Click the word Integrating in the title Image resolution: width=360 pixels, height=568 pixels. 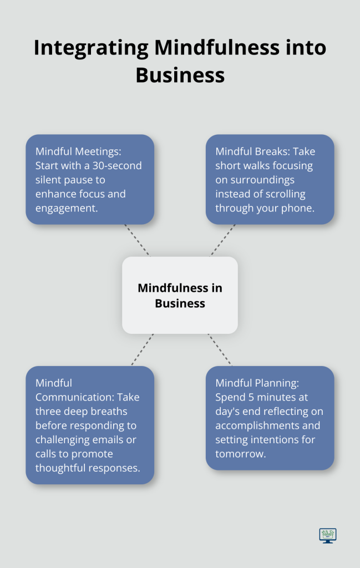pyautogui.click(x=91, y=48)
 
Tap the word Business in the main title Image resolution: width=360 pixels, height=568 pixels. pyautogui.click(x=180, y=75)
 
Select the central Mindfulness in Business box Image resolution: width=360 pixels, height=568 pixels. pyautogui.click(x=180, y=295)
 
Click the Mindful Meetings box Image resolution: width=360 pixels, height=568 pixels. pyautogui.click(x=90, y=179)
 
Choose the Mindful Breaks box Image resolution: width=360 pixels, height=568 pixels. pyautogui.click(x=270, y=179)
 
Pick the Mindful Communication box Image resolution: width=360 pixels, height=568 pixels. pyautogui.click(x=90, y=425)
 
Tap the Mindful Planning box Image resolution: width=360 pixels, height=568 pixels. pyautogui.click(x=270, y=418)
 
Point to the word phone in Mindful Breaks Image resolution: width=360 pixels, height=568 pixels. pyautogui.click(x=300, y=209)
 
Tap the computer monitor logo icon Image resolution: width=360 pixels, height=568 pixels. pyautogui.click(x=328, y=535)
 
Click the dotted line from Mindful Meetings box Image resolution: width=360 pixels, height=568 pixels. pyautogui.click(x=137, y=241)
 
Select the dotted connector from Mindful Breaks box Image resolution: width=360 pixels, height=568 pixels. pyautogui.click(x=222, y=241)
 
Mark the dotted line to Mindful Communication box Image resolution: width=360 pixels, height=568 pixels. pyautogui.click(x=143, y=349)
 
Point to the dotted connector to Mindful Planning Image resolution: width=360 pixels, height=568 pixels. pyautogui.click(x=220, y=349)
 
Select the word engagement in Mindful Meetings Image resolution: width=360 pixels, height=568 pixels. pyautogui.click(x=67, y=209)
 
